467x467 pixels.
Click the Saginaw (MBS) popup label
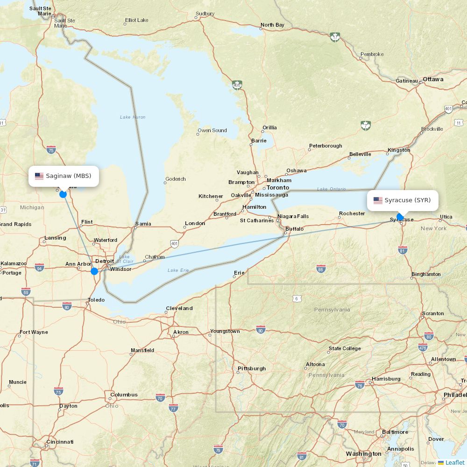64,176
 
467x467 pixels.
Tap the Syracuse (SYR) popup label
403,200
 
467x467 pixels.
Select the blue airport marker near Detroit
94,271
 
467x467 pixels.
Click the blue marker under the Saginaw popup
63,194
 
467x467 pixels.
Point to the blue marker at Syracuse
400,216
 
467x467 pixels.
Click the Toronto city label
278,188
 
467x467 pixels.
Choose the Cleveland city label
179,308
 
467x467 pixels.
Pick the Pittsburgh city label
252,368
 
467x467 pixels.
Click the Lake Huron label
133,117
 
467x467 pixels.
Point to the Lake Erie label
178,270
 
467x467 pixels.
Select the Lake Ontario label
332,189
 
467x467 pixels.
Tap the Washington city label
363,454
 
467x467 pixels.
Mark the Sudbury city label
205,14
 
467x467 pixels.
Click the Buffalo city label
294,229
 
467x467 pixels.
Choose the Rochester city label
352,213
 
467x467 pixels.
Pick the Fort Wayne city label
34,333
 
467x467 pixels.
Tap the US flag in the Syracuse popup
378,200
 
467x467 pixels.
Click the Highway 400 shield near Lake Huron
237,85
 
